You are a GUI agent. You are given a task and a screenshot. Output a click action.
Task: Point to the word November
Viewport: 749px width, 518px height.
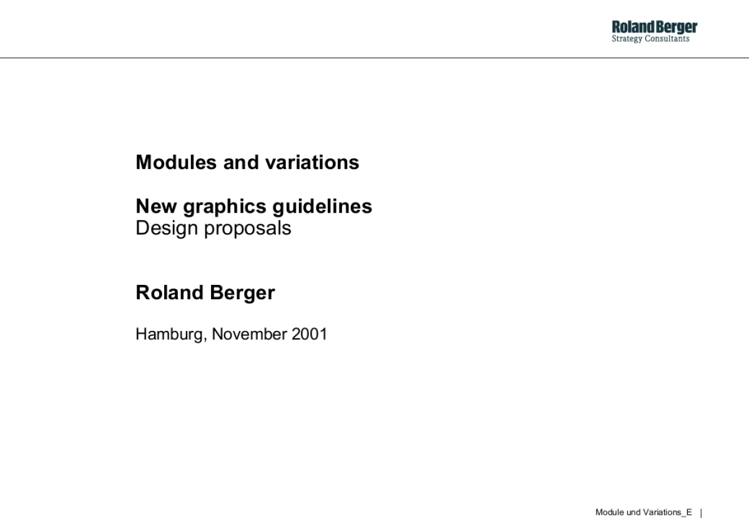coord(249,334)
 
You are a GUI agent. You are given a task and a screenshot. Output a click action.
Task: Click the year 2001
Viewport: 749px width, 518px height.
coord(309,334)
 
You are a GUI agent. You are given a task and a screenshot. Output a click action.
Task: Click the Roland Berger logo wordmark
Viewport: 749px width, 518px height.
coord(655,27)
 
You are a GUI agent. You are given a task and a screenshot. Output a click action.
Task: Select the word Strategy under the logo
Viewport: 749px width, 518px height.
coord(628,39)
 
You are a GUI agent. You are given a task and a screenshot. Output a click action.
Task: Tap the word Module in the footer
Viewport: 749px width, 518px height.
coord(610,512)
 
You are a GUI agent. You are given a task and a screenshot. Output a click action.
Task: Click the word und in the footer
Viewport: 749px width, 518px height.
coord(634,512)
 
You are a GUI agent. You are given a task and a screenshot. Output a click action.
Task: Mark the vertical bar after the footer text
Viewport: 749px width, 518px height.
coord(701,512)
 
